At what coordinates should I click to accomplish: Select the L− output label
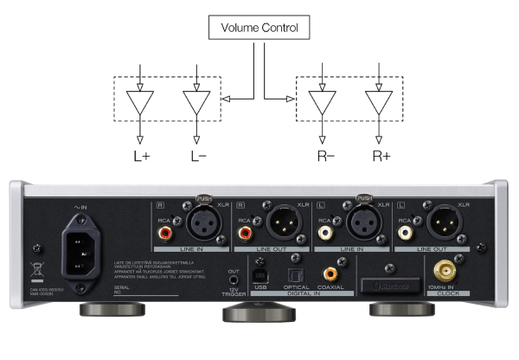tap(197, 157)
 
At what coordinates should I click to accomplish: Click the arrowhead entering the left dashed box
tap(224, 100)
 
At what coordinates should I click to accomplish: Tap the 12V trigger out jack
tap(233, 280)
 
